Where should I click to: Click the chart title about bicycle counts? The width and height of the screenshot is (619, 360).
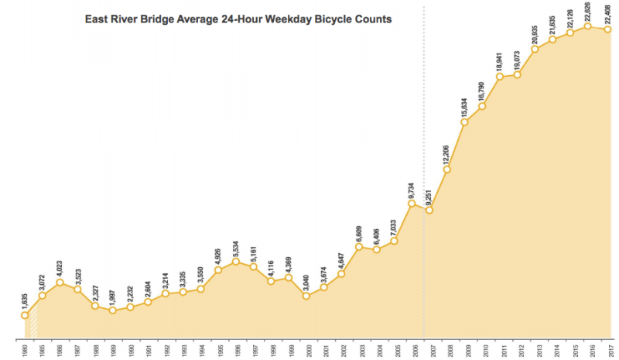pyautogui.click(x=238, y=18)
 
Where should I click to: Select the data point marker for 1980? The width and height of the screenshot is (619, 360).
pyautogui.click(x=25, y=315)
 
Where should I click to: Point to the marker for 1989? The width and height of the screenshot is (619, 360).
pyautogui.click(x=112, y=310)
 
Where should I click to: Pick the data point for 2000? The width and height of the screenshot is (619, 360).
pyautogui.click(x=306, y=295)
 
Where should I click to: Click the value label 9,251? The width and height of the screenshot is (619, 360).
pyautogui.click(x=429, y=194)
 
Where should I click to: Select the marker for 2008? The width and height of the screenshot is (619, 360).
pyautogui.click(x=446, y=169)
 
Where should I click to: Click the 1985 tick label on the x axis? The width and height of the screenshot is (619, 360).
pyautogui.click(x=42, y=350)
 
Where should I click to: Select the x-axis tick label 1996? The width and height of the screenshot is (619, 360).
pyautogui.click(x=236, y=350)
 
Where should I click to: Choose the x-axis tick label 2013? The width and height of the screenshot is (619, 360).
pyautogui.click(x=535, y=350)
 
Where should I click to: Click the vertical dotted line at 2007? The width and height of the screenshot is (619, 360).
pyautogui.click(x=424, y=116)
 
